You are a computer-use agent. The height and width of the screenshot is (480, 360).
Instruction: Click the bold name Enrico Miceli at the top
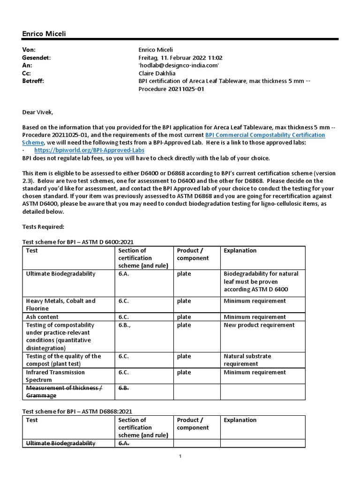click(x=47, y=34)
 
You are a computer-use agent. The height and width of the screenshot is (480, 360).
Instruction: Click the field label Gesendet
click(x=36, y=57)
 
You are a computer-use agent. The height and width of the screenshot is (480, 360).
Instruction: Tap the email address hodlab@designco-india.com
click(x=179, y=65)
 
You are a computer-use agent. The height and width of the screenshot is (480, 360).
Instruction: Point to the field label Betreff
click(x=33, y=81)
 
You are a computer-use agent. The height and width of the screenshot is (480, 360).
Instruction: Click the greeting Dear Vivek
click(x=38, y=112)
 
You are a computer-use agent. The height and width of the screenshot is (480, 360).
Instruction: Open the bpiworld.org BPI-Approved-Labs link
click(x=89, y=150)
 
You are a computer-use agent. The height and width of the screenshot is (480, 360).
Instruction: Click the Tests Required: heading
click(x=43, y=226)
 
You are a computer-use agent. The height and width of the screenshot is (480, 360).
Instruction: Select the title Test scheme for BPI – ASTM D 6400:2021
click(x=78, y=242)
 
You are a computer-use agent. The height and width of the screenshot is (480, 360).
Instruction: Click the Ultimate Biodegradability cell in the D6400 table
click(x=60, y=274)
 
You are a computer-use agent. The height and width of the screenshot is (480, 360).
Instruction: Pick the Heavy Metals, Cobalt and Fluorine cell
click(x=60, y=305)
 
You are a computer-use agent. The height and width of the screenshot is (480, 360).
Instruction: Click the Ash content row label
click(x=44, y=317)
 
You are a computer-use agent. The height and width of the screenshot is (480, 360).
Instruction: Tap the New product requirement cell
click(x=259, y=325)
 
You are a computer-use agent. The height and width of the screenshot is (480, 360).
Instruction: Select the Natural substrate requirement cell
click(x=247, y=360)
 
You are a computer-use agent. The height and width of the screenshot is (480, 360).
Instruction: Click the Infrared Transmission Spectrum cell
click(x=55, y=376)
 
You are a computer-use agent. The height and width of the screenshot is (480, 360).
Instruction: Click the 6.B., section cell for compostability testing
click(x=126, y=325)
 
